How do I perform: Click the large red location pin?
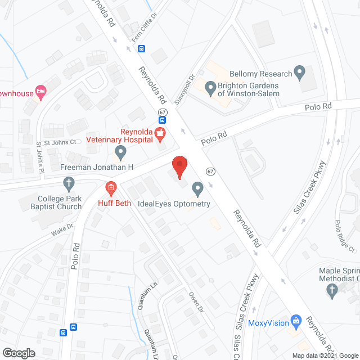179,166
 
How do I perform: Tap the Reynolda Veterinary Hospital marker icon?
161,134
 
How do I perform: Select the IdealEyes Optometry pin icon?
197,188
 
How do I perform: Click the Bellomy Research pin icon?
300,73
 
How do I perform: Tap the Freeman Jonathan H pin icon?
120,151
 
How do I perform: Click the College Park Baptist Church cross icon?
68,183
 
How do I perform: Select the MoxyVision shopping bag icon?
295,322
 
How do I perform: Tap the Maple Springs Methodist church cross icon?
332,290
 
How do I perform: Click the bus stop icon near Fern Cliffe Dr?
141,49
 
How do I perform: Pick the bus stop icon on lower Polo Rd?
73,326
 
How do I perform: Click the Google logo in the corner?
19,353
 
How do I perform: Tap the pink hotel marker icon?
40,91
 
